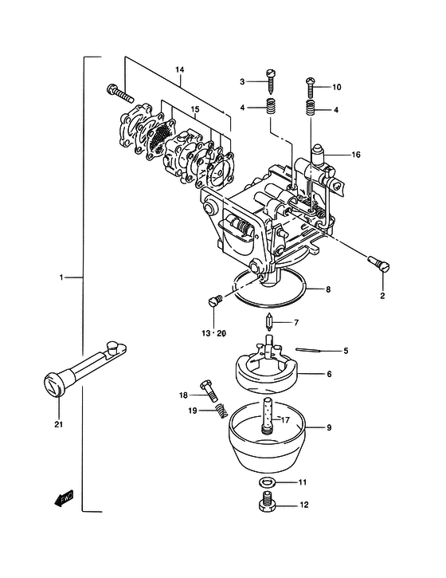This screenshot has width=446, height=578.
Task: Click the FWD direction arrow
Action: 64,497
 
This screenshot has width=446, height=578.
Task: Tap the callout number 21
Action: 59,424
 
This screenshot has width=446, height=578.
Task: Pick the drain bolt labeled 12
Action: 268,502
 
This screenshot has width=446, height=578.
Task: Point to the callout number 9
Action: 329,427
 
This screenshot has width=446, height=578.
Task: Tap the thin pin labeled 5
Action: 308,350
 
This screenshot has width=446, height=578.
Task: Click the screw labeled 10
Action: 311,87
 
